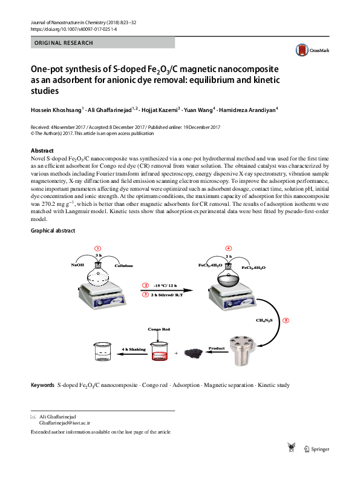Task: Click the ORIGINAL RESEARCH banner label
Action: click(64, 43)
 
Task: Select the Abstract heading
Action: click(42, 151)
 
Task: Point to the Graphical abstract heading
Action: click(53, 231)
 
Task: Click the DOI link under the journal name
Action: click(73, 28)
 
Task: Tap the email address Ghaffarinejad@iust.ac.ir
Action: click(64, 423)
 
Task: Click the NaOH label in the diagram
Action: click(77, 265)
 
